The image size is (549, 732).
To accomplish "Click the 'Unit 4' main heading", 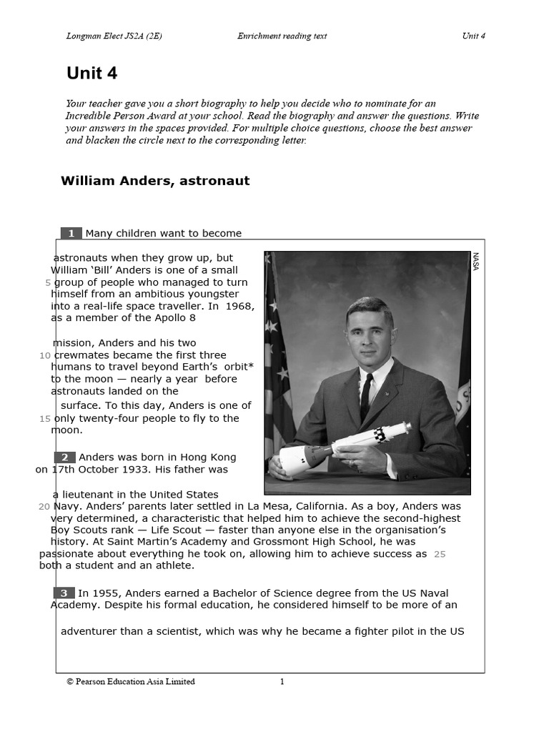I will pyautogui.click(x=91, y=73).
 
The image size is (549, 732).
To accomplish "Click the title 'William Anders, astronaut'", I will pyautogui.click(x=155, y=181).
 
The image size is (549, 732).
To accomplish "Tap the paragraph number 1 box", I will pyautogui.click(x=71, y=233).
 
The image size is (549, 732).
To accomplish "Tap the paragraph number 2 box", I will pyautogui.click(x=64, y=457).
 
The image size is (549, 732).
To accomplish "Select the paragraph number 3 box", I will pyautogui.click(x=64, y=593).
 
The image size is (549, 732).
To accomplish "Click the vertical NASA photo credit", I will pyautogui.click(x=476, y=262).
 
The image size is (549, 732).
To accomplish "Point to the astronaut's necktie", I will pyautogui.click(x=366, y=396).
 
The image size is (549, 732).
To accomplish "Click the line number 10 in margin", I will pyautogui.click(x=44, y=355).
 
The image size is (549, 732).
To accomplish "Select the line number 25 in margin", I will pyautogui.click(x=440, y=554).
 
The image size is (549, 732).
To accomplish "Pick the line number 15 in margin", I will pyautogui.click(x=44, y=419).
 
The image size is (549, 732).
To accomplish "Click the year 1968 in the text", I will pyautogui.click(x=240, y=306).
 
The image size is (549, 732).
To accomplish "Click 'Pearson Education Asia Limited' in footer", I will pyautogui.click(x=134, y=682).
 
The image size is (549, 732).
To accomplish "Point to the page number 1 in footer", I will pyautogui.click(x=282, y=682).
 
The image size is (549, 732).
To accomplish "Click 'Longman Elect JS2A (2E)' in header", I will pyautogui.click(x=114, y=36).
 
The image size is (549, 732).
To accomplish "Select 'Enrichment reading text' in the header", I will pyautogui.click(x=282, y=36).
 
